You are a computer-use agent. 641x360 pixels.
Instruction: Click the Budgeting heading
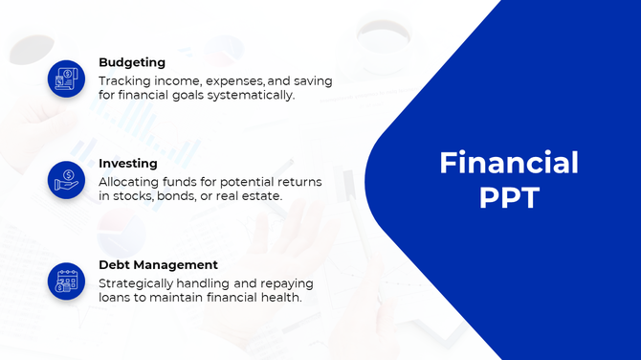tap(132, 63)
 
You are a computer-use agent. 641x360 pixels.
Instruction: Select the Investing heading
tap(128, 164)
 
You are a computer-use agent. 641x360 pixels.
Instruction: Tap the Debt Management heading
tap(158, 264)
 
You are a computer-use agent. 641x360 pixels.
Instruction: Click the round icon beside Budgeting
tap(66, 79)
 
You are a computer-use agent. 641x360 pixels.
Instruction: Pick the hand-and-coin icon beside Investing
tap(66, 179)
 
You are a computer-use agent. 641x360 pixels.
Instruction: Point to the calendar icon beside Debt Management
tap(66, 280)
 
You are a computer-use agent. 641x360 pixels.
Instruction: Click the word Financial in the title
tap(508, 163)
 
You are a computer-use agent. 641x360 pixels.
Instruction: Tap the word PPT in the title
tap(508, 198)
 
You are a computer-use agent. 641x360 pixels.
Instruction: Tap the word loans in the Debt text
tap(116, 298)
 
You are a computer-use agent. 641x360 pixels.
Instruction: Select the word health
tap(282, 298)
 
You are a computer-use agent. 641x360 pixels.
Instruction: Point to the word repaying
tap(286, 283)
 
